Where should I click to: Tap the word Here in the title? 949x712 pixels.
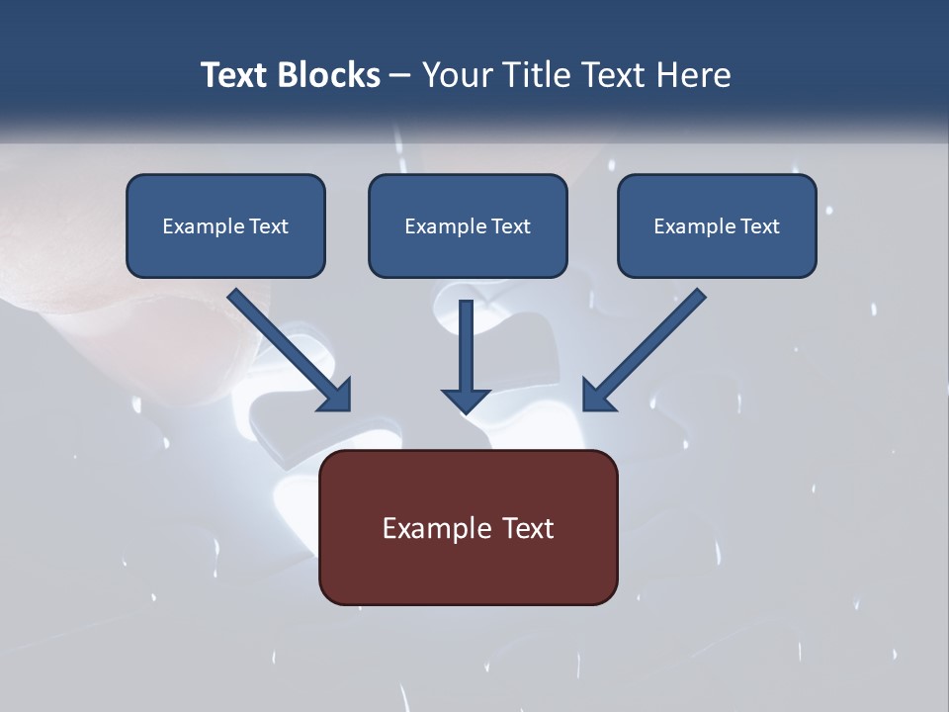tap(692, 75)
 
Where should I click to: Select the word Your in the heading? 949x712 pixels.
tap(456, 75)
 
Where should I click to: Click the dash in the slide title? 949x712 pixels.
tap(399, 76)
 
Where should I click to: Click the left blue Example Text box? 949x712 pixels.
tap(225, 226)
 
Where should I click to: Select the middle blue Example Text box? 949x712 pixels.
tap(468, 226)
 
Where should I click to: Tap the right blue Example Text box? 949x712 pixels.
tap(717, 226)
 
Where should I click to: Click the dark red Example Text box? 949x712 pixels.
tap(468, 527)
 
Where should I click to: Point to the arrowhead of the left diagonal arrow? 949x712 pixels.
tap(336, 396)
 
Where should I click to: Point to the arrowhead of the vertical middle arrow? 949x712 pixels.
tap(466, 400)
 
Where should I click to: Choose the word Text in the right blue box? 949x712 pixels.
tap(759, 226)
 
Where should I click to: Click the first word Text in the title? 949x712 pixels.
tap(236, 75)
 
